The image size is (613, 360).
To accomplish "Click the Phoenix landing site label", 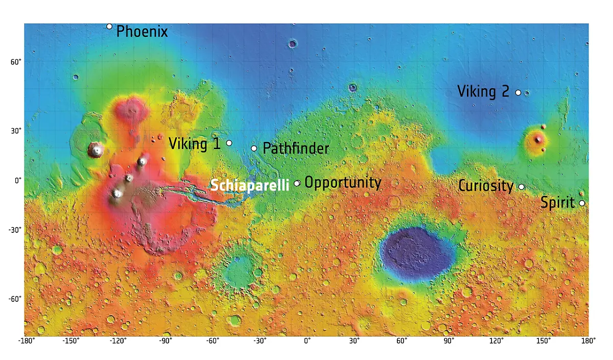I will click(x=142, y=32).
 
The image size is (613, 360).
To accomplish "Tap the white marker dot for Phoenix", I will click(x=109, y=27).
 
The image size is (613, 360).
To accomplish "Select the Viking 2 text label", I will click(x=483, y=92).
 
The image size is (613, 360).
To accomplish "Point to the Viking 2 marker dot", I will click(x=518, y=92).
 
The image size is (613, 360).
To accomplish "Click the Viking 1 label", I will click(x=195, y=144).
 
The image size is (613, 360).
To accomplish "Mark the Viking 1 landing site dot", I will click(x=229, y=143).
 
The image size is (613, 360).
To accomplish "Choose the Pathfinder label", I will click(x=296, y=149).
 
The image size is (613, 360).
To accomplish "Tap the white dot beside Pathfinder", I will click(x=254, y=149).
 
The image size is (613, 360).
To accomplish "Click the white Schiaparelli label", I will click(x=250, y=185).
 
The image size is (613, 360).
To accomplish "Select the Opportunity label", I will click(x=343, y=183).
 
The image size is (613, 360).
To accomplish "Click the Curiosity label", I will click(x=486, y=186).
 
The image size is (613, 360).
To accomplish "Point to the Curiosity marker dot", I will click(x=522, y=187).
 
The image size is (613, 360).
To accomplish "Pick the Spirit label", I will click(x=558, y=203).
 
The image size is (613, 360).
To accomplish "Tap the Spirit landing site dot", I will click(x=582, y=203).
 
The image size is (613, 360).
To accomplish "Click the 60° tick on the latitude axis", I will click(x=16, y=62).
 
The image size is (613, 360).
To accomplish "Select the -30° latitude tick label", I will click(x=14, y=230).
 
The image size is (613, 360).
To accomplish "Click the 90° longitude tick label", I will click(x=449, y=341).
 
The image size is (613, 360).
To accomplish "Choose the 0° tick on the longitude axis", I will click(x=307, y=341).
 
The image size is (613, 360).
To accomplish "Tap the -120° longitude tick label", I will click(x=119, y=341).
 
